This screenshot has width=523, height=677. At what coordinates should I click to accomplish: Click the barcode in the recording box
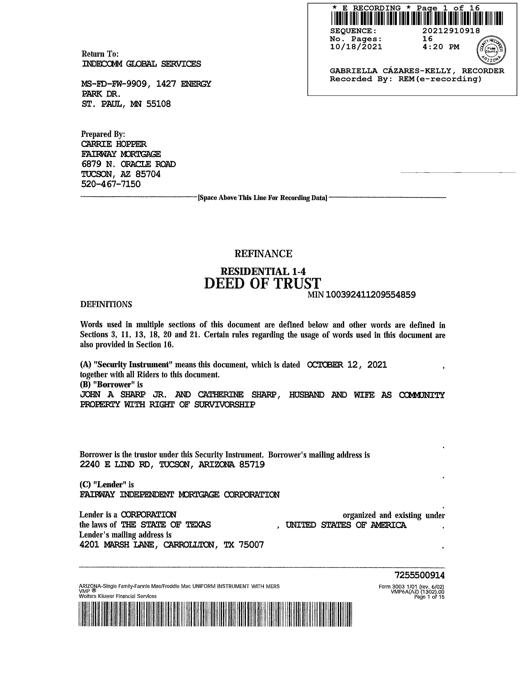tap(417, 18)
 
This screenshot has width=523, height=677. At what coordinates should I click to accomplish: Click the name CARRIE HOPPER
tap(113, 144)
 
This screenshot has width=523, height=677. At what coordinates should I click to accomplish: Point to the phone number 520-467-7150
tap(111, 184)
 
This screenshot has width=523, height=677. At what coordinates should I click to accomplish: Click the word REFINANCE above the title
tap(263, 254)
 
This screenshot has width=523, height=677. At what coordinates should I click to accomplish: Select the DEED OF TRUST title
tap(263, 283)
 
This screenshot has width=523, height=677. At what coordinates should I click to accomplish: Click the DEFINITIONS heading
tap(106, 304)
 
